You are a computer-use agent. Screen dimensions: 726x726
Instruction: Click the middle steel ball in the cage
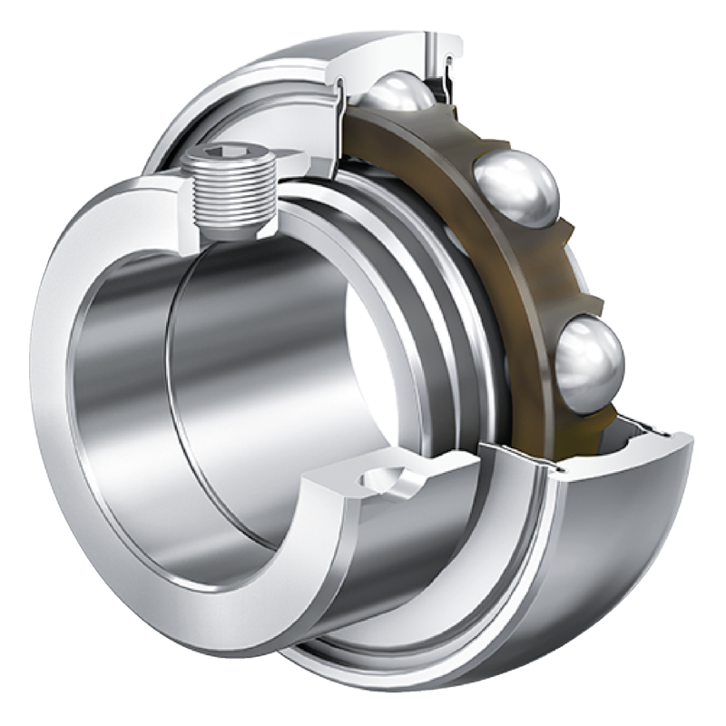515,188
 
